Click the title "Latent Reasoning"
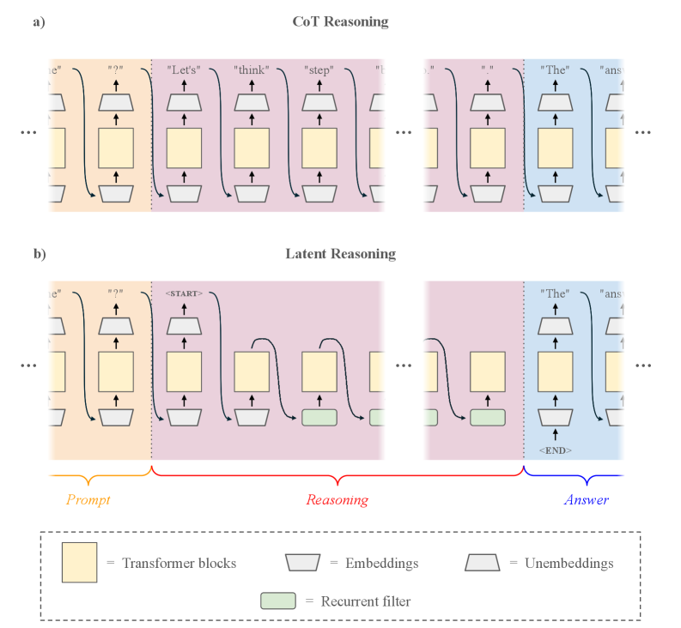tap(340, 254)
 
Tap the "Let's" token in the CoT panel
tap(184, 69)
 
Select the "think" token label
tap(252, 69)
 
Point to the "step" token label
tap(319, 69)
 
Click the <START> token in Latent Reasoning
tap(184, 293)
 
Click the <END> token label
tap(556, 450)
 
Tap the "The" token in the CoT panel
tap(555, 69)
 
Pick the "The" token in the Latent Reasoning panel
tap(555, 293)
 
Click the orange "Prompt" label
tap(88, 499)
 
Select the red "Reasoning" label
tap(337, 499)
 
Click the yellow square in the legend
tap(79, 563)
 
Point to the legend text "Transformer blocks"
tap(179, 564)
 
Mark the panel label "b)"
tap(39, 254)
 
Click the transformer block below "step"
tap(319, 148)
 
